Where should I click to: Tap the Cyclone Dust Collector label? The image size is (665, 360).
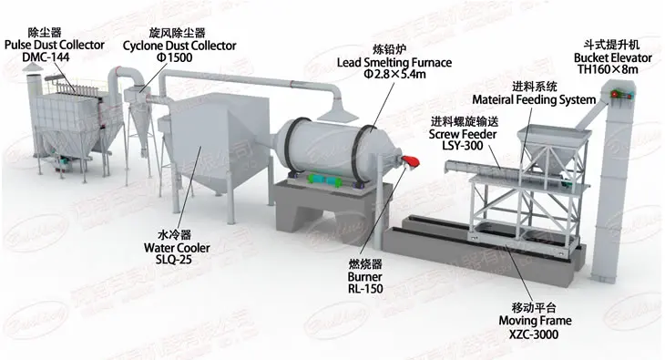tap(179, 45)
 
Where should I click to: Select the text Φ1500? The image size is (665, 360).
tap(179, 57)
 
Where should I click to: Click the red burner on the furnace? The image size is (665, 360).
tap(411, 162)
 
